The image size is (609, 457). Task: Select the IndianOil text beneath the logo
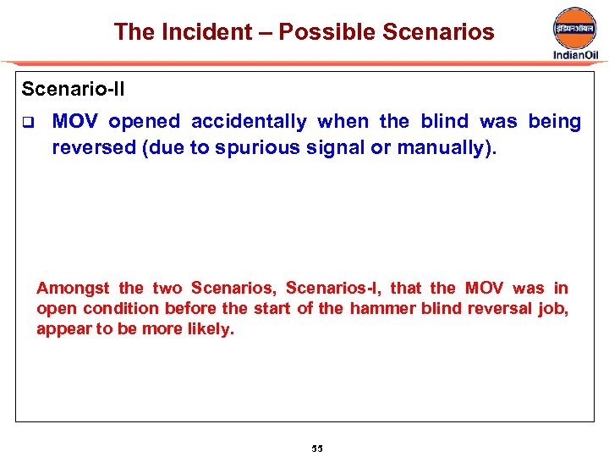pos(575,55)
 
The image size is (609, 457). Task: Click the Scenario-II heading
pos(73,88)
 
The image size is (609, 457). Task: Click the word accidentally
pos(249,122)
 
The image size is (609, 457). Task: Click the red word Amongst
pos(73,289)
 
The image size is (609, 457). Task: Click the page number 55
pos(317,448)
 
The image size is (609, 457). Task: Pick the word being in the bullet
pos(554,122)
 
